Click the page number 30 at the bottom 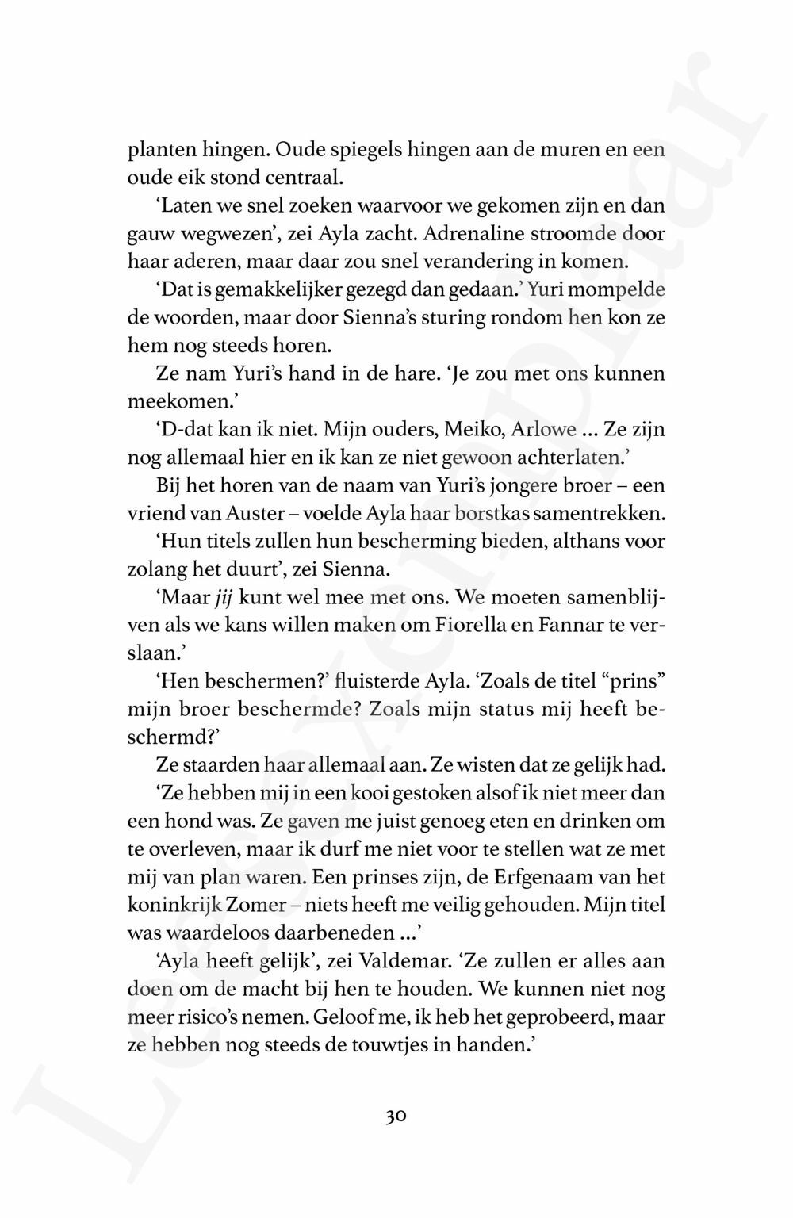[396, 1117]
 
